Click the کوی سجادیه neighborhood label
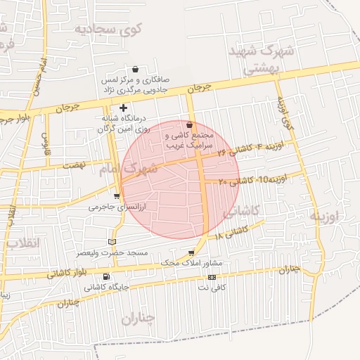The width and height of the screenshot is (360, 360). click(x=118, y=29)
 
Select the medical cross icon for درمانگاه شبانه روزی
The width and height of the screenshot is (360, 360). click(x=124, y=108)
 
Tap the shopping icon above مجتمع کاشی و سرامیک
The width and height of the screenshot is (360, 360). click(x=188, y=124)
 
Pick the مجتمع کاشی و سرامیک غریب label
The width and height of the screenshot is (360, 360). click(x=188, y=139)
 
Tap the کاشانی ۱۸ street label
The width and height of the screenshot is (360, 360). click(x=233, y=232)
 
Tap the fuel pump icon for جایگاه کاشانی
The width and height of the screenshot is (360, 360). click(x=106, y=276)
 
